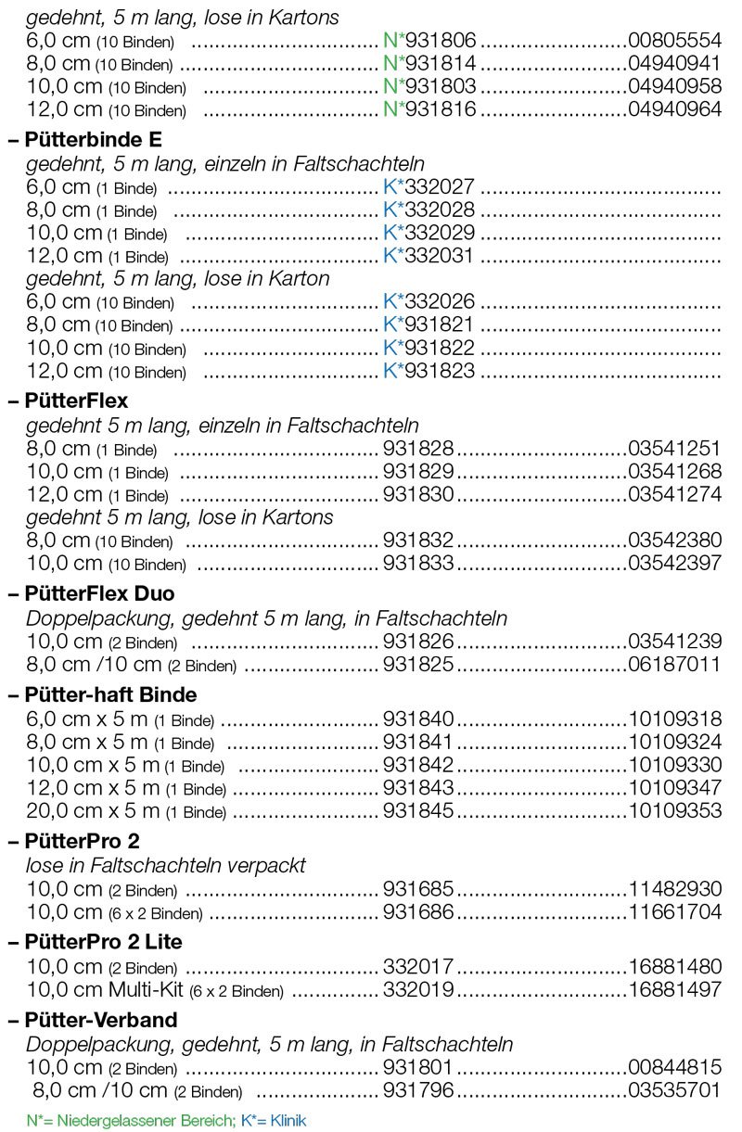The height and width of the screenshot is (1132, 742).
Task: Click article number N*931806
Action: (429, 40)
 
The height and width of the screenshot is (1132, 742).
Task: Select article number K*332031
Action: (429, 255)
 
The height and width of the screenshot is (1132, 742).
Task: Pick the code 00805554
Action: (674, 40)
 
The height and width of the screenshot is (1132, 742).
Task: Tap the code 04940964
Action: (674, 109)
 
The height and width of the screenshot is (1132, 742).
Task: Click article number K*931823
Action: (429, 371)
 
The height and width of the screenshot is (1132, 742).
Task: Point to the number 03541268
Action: (674, 472)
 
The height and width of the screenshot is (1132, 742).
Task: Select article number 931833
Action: (418, 563)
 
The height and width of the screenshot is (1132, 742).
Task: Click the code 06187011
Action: (674, 664)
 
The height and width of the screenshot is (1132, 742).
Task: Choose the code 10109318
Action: (674, 719)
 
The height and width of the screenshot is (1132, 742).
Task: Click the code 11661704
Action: (674, 912)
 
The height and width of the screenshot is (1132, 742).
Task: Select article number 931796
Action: (418, 1089)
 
